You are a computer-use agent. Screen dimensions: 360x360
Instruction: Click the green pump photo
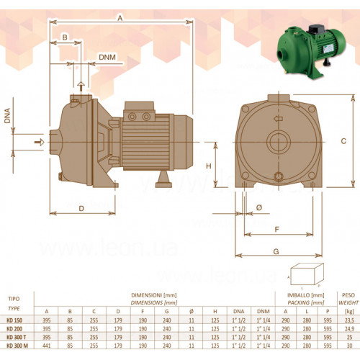click(x=311, y=51)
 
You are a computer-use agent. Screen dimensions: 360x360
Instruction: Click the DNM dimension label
click(x=107, y=58)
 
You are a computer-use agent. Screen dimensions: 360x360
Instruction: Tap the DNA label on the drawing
click(x=7, y=116)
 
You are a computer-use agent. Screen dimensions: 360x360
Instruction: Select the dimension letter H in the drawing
click(x=209, y=166)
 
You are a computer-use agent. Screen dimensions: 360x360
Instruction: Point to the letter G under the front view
click(x=276, y=251)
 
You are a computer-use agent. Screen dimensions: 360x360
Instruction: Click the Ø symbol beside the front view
click(x=259, y=207)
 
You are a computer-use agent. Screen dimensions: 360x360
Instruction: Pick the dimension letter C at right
click(x=343, y=141)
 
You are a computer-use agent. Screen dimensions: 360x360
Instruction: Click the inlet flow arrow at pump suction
click(x=40, y=142)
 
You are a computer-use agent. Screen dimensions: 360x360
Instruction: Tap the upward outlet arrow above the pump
click(x=81, y=86)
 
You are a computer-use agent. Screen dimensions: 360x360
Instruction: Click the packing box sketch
click(x=307, y=274)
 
